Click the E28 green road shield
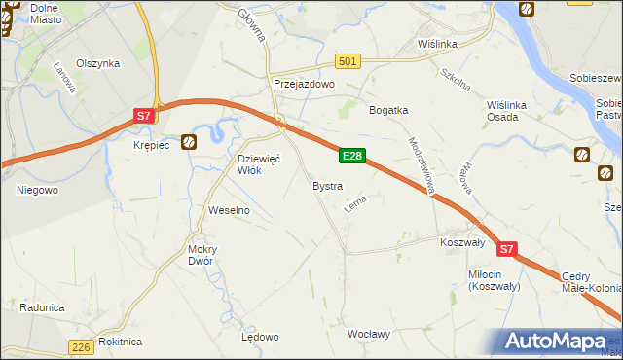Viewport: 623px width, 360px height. pyautogui.click(x=352, y=156)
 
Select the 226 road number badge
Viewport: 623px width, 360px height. pyautogui.click(x=82, y=346)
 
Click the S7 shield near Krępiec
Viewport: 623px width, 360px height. pyautogui.click(x=143, y=116)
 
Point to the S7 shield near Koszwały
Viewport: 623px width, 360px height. pyautogui.click(x=506, y=250)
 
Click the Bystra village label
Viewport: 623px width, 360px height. pyautogui.click(x=326, y=185)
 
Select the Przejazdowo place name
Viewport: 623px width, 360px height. pyautogui.click(x=304, y=85)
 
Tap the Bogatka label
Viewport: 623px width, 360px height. pyautogui.click(x=387, y=110)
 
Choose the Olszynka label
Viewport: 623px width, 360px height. pyautogui.click(x=99, y=63)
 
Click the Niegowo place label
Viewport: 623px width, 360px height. pyautogui.click(x=37, y=190)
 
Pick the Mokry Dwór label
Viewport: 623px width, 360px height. pyautogui.click(x=202, y=255)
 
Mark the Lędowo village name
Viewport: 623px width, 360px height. pyautogui.click(x=260, y=337)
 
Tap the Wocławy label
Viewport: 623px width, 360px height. pyautogui.click(x=369, y=334)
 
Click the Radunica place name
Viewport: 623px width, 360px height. pyautogui.click(x=41, y=307)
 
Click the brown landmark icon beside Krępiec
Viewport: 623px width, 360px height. pyautogui.click(x=189, y=142)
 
